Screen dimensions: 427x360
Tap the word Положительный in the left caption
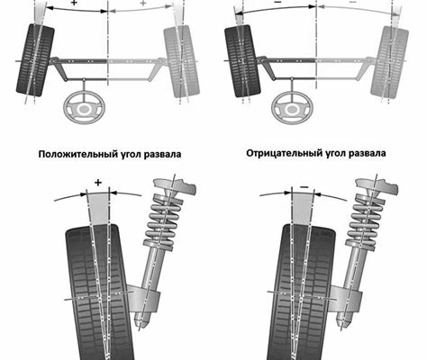[x=74, y=154]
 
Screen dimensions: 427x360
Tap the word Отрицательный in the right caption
[x=284, y=153]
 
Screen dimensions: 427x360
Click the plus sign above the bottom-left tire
[x=98, y=183]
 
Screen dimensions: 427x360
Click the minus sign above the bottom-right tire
[x=304, y=187]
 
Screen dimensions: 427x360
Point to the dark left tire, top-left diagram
[x=35, y=60]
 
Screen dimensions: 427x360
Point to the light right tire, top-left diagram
[x=181, y=61]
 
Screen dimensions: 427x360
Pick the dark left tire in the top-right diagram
[x=242, y=61]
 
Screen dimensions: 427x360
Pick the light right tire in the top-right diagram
[x=389, y=62]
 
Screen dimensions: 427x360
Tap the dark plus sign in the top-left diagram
[x=74, y=4]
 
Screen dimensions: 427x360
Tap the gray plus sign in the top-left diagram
[x=143, y=4]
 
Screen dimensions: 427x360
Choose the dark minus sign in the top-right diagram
[x=277, y=2]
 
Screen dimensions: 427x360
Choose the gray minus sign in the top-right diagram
[x=353, y=2]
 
